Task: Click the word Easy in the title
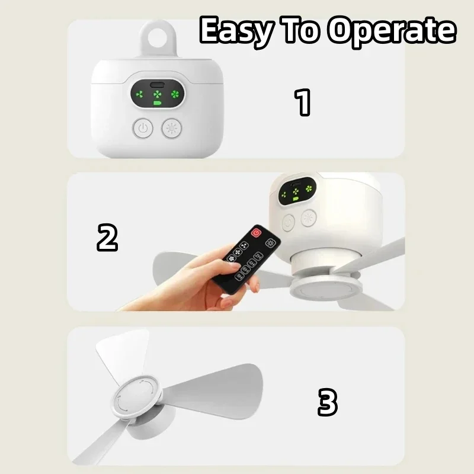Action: pyautogui.click(x=236, y=31)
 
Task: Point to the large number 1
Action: pyautogui.click(x=303, y=102)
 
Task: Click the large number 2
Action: pyautogui.click(x=107, y=238)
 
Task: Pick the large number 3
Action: pyautogui.click(x=327, y=403)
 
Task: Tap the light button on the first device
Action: pyautogui.click(x=172, y=127)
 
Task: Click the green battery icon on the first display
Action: pyautogui.click(x=158, y=104)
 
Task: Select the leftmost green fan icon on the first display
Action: pyautogui.click(x=140, y=94)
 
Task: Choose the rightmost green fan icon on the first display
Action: pyautogui.click(x=175, y=94)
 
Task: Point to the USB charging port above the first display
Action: pyautogui.click(x=157, y=84)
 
